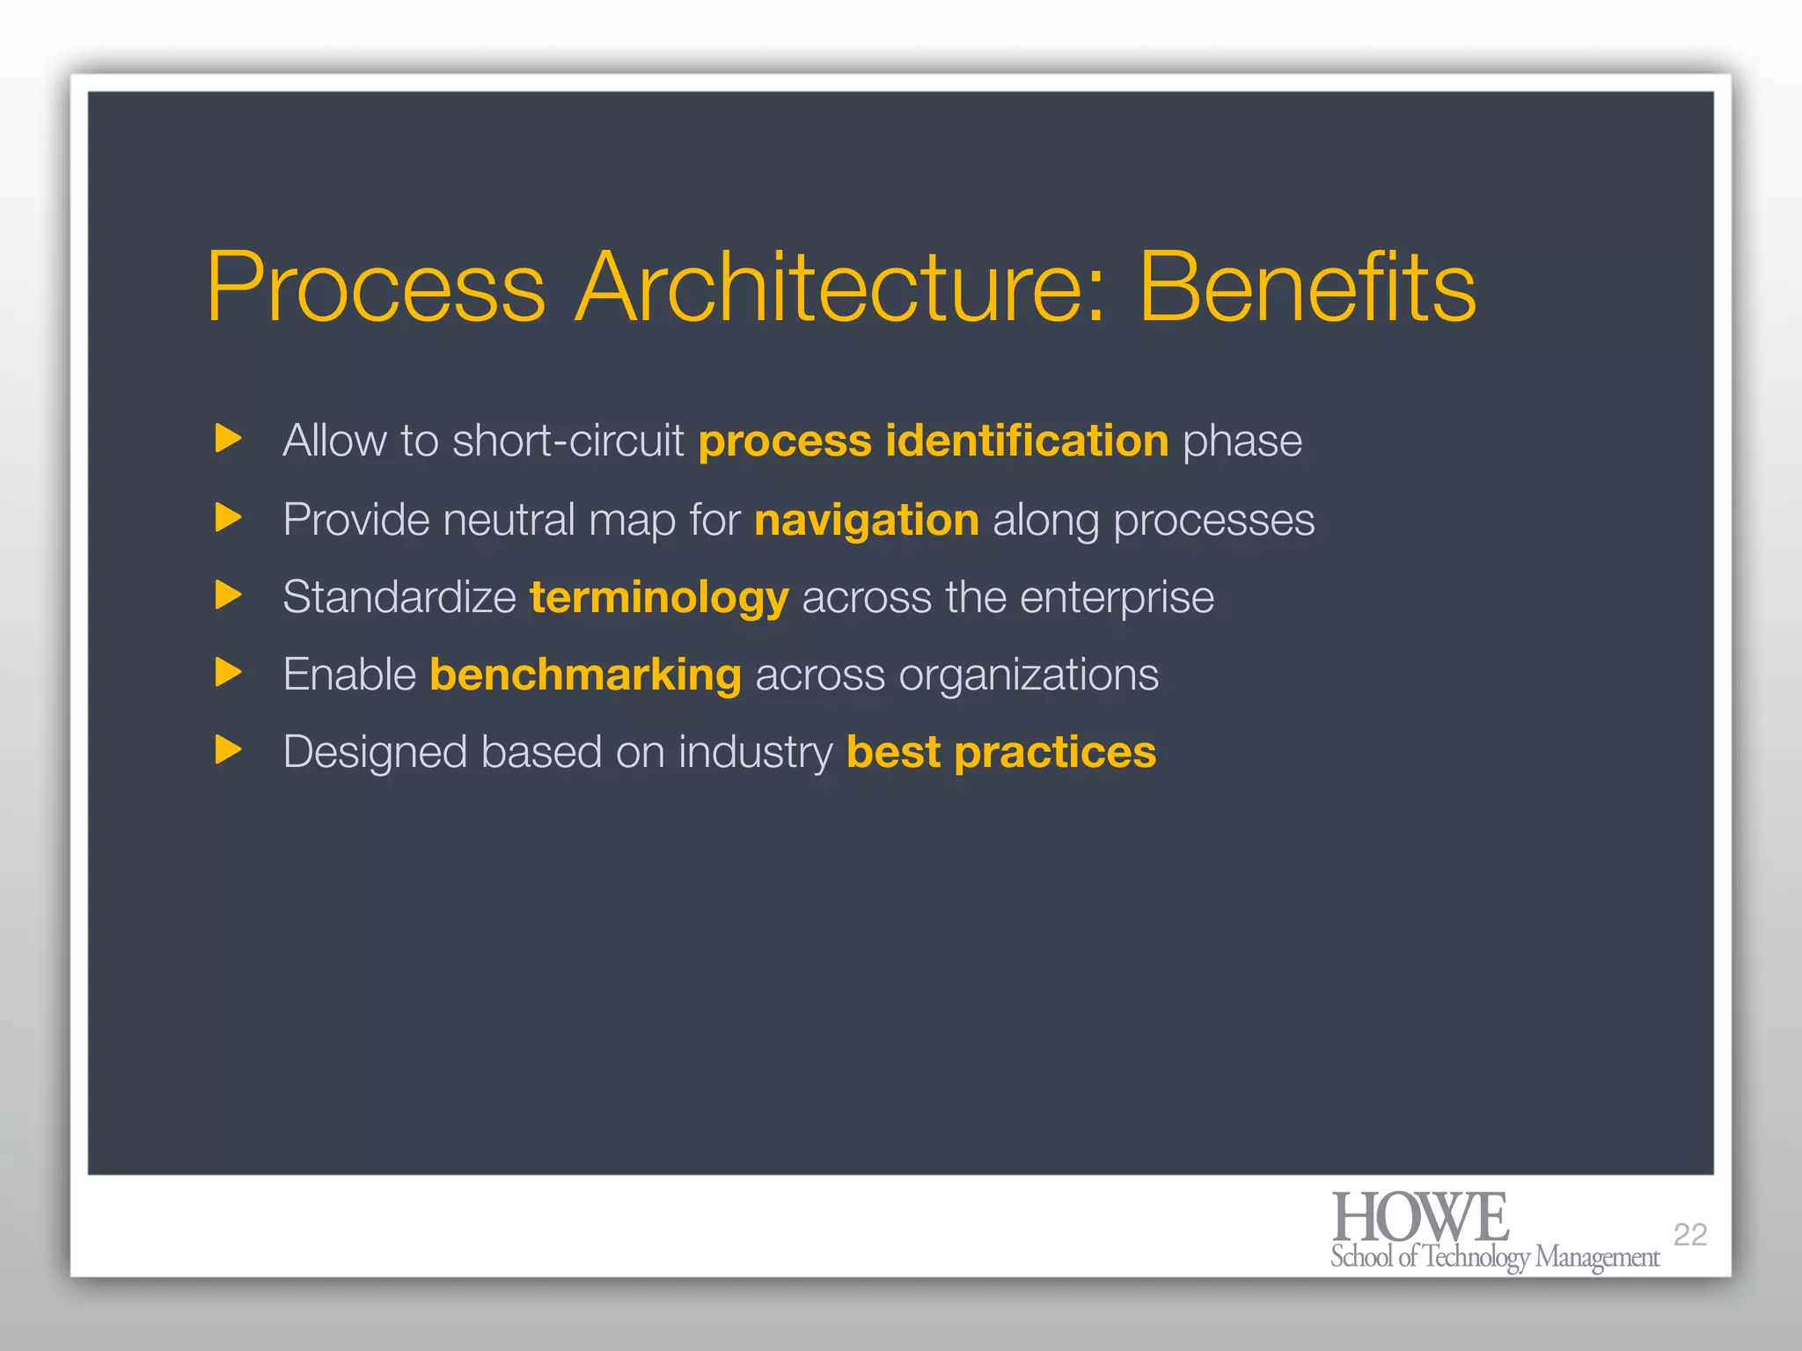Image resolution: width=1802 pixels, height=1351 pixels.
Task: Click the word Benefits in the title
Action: coord(1307,288)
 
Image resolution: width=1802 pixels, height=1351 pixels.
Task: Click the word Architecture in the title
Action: coord(840,288)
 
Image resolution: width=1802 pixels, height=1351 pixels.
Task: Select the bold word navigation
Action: coord(867,520)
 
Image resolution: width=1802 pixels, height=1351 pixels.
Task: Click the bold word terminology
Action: coord(659,598)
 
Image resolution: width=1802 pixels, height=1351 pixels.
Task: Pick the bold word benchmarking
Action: coord(585,675)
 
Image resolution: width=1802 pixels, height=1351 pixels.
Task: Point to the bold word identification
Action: coord(1027,440)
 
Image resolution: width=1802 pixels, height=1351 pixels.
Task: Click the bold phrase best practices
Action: coord(1001,753)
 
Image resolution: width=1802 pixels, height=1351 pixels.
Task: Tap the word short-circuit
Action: coord(568,440)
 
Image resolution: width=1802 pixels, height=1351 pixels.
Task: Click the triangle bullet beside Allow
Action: coord(228,438)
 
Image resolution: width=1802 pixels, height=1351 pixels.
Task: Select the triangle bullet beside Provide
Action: coord(228,517)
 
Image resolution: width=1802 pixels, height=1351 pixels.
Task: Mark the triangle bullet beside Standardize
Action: coord(228,595)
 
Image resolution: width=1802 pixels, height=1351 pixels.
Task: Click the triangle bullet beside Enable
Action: coord(228,673)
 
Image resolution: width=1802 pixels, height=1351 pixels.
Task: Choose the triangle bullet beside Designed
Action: coord(228,750)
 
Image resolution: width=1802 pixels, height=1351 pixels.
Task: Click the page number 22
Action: coord(1689,1235)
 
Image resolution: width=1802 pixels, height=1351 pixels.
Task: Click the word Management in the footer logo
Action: coord(1596,1258)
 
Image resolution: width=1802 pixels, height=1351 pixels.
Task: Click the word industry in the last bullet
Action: coord(755,753)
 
